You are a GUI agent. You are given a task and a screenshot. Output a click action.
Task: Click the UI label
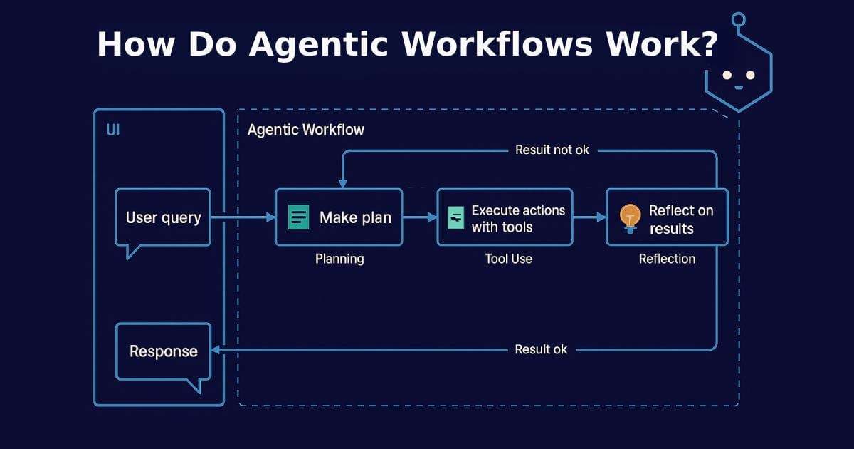point(113,131)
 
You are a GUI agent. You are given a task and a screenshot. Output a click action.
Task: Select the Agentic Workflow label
point(306,130)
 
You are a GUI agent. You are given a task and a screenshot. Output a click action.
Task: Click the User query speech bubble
point(163,217)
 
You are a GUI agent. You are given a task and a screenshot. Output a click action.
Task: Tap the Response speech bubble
point(163,351)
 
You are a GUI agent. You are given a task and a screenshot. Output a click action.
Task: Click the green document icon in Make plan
point(299,217)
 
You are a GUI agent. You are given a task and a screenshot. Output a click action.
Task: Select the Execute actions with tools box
point(505,217)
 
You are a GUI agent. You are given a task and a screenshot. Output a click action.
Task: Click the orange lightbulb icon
point(631,217)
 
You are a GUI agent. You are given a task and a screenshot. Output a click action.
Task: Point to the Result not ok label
point(552,150)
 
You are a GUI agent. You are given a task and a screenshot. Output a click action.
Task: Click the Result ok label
point(541,350)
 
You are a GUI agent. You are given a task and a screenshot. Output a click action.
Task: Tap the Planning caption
point(339,259)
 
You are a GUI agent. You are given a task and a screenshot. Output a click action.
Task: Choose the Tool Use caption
point(508,259)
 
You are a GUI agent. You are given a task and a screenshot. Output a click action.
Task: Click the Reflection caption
point(667,259)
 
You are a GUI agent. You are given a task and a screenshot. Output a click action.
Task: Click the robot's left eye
point(727,75)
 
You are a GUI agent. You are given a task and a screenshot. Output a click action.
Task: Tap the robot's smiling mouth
point(739,88)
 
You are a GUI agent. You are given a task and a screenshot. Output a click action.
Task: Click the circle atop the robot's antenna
point(739,19)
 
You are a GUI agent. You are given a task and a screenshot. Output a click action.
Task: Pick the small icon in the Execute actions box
point(455,217)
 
